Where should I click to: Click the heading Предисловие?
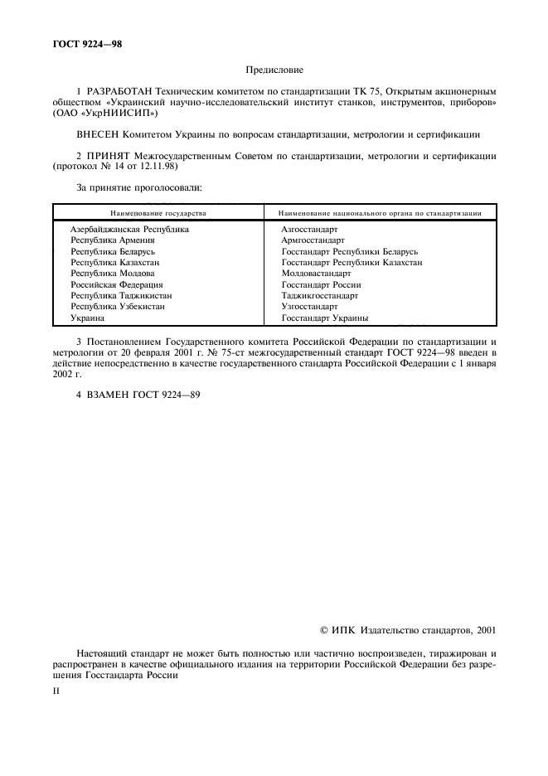point(274,71)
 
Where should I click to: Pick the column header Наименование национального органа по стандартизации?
point(380,213)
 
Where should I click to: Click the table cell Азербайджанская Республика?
point(129,229)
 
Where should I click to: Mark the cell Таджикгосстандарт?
point(319,295)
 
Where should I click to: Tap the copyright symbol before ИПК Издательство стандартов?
point(324,630)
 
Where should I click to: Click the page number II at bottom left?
point(54,687)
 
